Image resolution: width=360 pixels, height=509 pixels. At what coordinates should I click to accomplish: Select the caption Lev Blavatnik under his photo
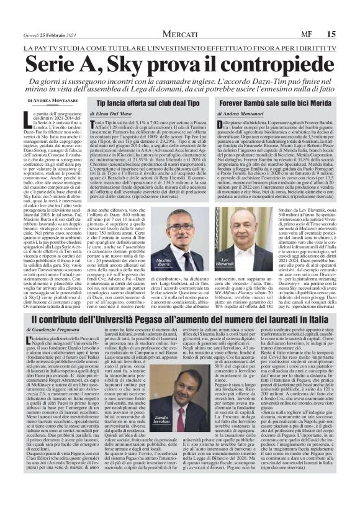[x=240, y=242]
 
